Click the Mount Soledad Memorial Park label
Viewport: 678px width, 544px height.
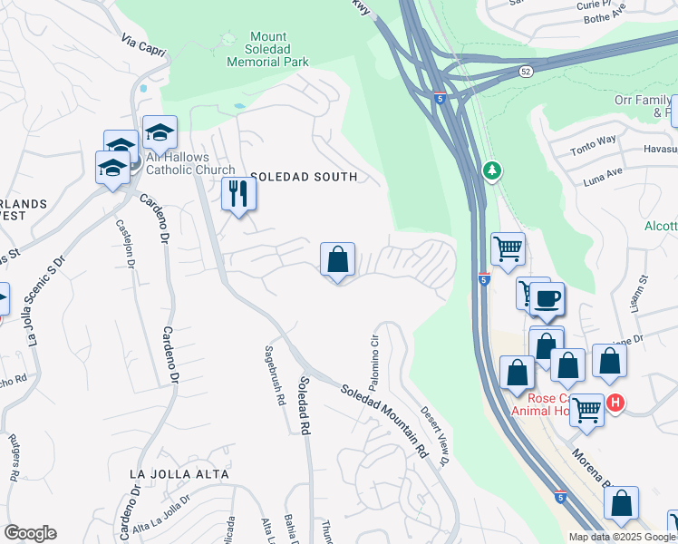point(267,50)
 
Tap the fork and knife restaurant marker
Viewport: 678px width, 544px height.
point(239,194)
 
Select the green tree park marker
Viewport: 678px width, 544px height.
point(492,170)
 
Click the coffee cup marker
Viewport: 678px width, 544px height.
point(547,298)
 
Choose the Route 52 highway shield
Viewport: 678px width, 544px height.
point(526,71)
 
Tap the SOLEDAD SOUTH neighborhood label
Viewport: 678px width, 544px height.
point(304,177)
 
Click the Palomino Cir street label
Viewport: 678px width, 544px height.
point(373,356)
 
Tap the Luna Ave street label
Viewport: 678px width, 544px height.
point(602,171)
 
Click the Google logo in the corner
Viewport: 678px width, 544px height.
point(30,533)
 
